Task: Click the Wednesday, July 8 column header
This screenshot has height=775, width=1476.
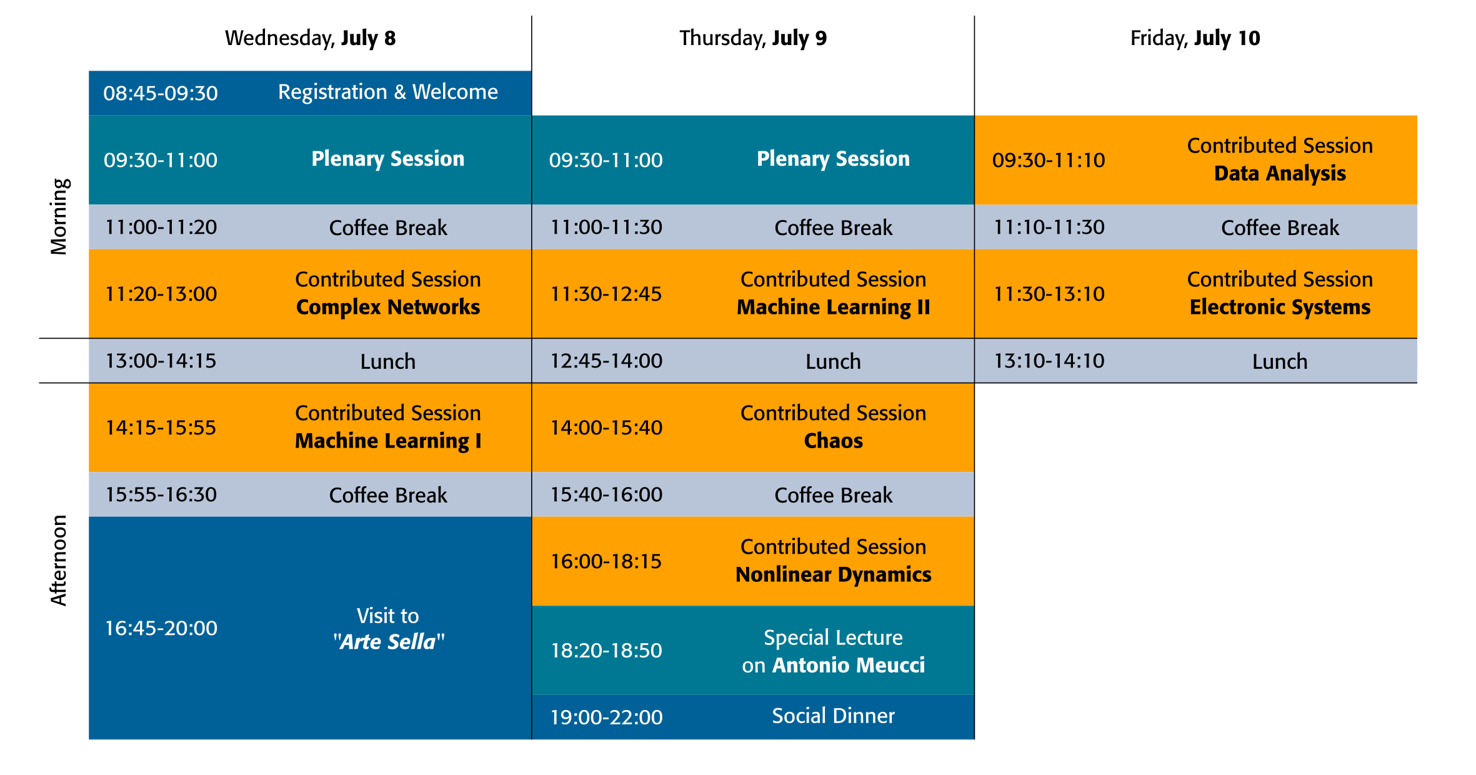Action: (x=310, y=39)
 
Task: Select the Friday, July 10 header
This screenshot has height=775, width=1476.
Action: (x=1195, y=39)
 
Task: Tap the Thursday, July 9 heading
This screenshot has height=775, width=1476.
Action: (x=753, y=39)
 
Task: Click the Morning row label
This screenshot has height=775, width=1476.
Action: (x=59, y=217)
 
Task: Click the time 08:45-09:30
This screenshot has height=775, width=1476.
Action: (x=161, y=94)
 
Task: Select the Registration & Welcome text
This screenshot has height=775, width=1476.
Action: (x=388, y=92)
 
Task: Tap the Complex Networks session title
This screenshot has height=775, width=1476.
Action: (x=388, y=307)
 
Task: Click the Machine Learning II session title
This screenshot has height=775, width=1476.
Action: (x=834, y=307)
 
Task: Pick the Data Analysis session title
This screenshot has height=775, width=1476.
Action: (x=1280, y=173)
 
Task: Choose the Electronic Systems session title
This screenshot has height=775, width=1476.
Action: (x=1280, y=307)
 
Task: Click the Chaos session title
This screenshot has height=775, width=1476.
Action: (x=834, y=441)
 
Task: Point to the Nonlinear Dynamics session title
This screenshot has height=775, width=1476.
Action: (x=834, y=574)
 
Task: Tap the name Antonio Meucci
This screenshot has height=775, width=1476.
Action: (x=849, y=665)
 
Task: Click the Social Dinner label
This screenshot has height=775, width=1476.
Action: (x=834, y=716)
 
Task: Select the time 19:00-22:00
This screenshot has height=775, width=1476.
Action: (x=606, y=717)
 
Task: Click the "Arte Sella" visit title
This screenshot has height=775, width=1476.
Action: (x=388, y=642)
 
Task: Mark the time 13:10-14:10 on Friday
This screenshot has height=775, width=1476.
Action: (x=1049, y=361)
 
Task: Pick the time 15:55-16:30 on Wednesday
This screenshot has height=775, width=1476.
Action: (x=161, y=495)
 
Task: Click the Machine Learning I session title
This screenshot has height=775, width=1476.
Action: (x=388, y=441)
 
